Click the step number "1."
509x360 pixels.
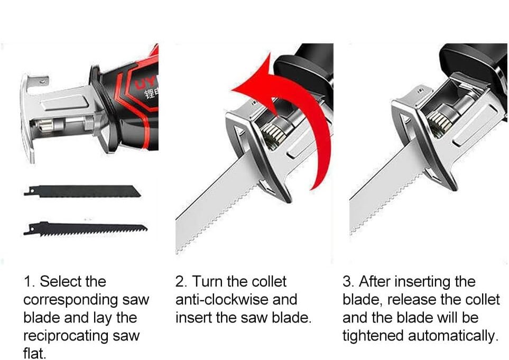[30, 281]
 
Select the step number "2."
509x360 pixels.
[181, 281]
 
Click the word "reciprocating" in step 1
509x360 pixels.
[66, 336]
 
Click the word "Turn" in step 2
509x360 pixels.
[207, 281]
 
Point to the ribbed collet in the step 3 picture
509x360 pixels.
[439, 122]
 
